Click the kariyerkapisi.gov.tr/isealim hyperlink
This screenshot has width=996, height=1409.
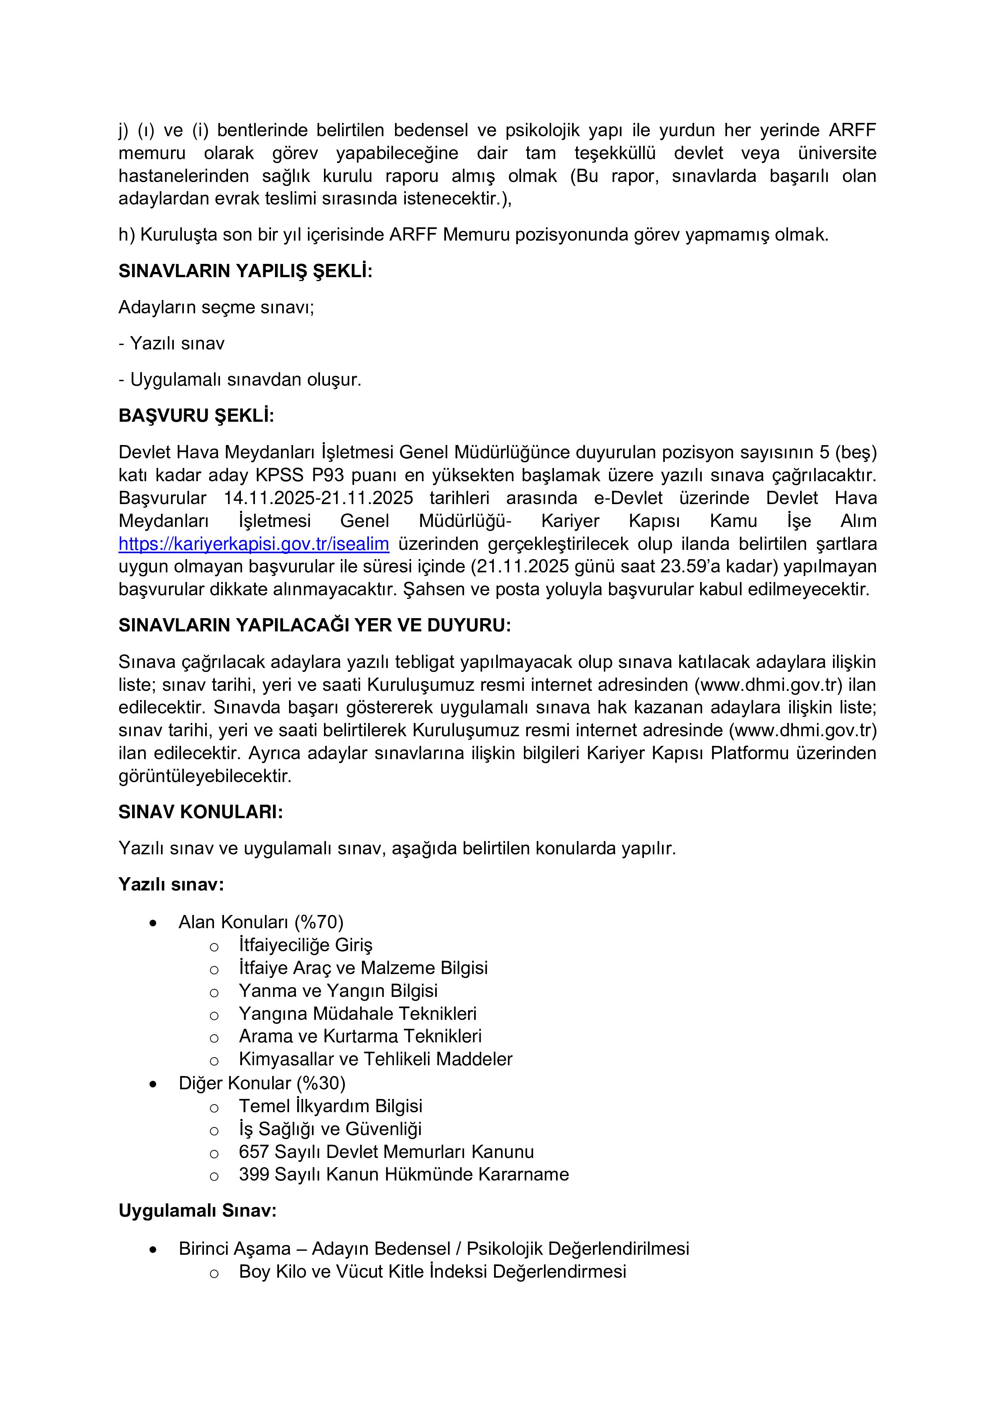[x=254, y=544]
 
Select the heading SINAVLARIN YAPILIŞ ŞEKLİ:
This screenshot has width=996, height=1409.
[x=245, y=271]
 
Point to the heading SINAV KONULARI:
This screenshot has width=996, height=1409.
[x=201, y=813]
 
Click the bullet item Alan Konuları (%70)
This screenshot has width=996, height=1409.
[x=261, y=922]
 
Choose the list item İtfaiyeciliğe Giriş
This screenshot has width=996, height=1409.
[x=306, y=945]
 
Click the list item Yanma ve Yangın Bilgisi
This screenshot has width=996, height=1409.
[x=338, y=991]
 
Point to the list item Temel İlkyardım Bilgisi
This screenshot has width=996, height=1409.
[x=330, y=1107]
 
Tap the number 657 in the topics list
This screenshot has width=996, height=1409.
[x=254, y=1152]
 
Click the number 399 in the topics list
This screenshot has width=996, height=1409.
[x=254, y=1174]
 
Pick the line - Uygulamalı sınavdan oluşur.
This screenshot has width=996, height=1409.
[x=240, y=380]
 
